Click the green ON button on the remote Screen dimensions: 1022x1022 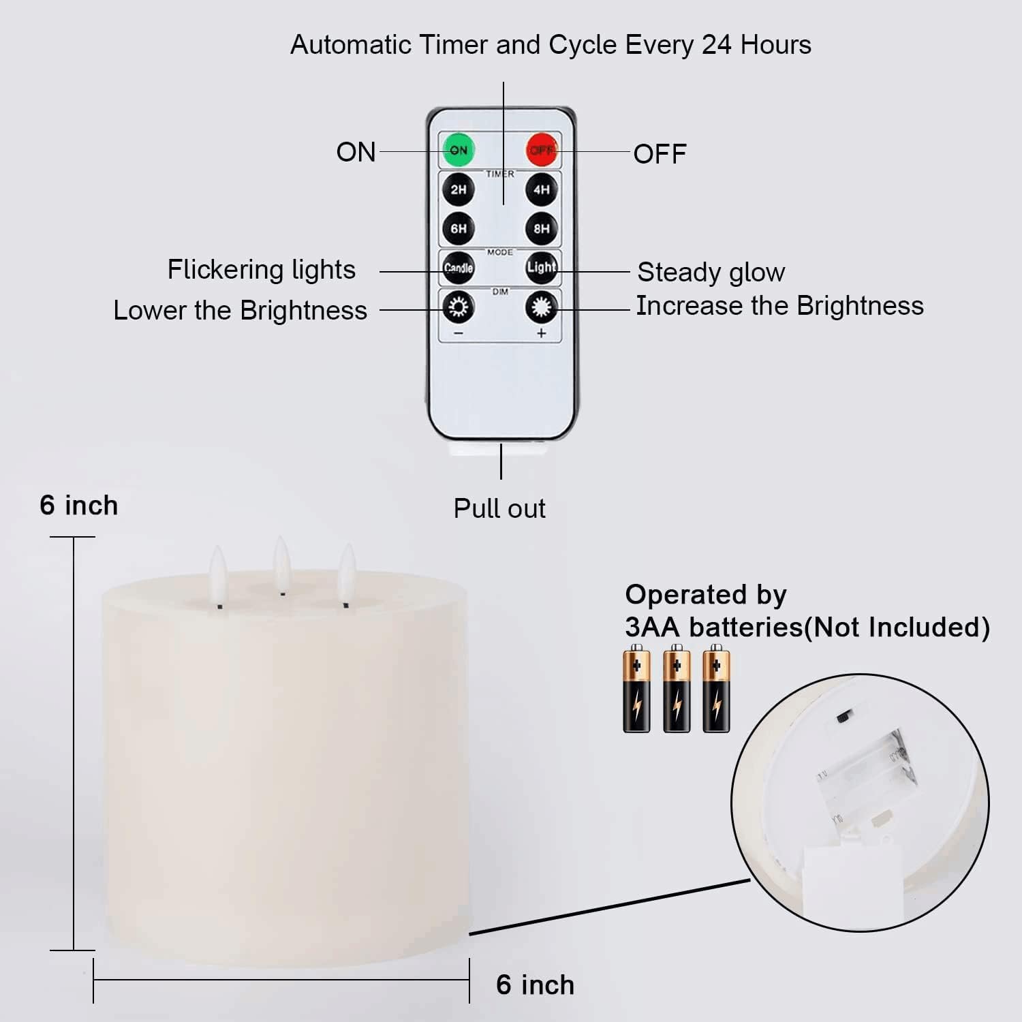(x=459, y=150)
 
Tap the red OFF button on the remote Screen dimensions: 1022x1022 (x=542, y=150)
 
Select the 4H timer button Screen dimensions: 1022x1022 (x=541, y=189)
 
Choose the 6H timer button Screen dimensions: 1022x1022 (x=459, y=228)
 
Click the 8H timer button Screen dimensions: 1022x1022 (x=541, y=228)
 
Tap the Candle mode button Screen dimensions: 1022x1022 (x=459, y=268)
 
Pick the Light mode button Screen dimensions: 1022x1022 (x=541, y=267)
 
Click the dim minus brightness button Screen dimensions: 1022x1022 (x=459, y=308)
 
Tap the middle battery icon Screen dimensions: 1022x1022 (x=677, y=689)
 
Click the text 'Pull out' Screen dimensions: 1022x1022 (x=499, y=509)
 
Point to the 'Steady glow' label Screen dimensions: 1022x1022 (x=711, y=273)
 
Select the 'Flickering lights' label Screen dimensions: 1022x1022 (x=262, y=270)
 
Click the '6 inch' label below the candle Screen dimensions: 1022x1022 (x=535, y=985)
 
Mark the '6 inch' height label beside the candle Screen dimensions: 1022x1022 (x=78, y=506)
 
